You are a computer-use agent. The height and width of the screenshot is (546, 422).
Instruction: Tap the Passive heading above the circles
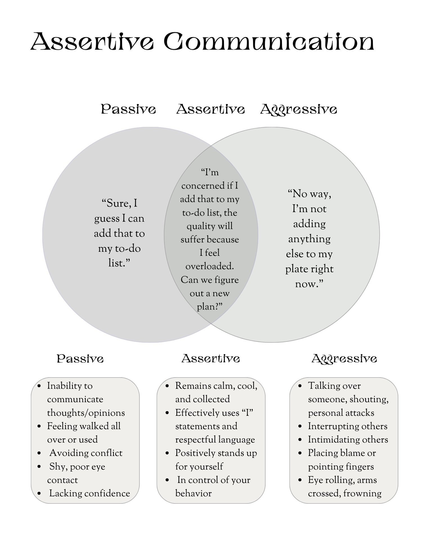pyautogui.click(x=129, y=109)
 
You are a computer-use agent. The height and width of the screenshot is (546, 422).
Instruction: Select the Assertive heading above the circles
pyautogui.click(x=210, y=109)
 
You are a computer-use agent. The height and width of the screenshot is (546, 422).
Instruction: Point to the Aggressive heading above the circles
pyautogui.click(x=299, y=110)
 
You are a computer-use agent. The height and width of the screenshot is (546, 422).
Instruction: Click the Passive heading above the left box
pyautogui.click(x=80, y=359)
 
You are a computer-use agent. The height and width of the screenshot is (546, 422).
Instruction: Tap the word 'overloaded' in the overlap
pyautogui.click(x=210, y=266)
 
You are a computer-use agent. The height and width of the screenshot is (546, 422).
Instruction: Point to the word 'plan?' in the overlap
pyautogui.click(x=210, y=307)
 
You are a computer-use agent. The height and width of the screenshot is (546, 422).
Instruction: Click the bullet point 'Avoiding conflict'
pyautogui.click(x=86, y=453)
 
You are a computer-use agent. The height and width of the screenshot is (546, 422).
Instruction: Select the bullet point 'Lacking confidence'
pyautogui.click(x=89, y=493)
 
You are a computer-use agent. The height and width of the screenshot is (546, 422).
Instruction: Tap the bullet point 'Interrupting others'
pyautogui.click(x=348, y=426)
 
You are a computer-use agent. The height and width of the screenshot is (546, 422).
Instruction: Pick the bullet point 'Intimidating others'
pyautogui.click(x=348, y=440)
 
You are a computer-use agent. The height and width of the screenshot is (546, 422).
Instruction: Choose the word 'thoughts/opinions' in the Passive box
pyautogui.click(x=86, y=413)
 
